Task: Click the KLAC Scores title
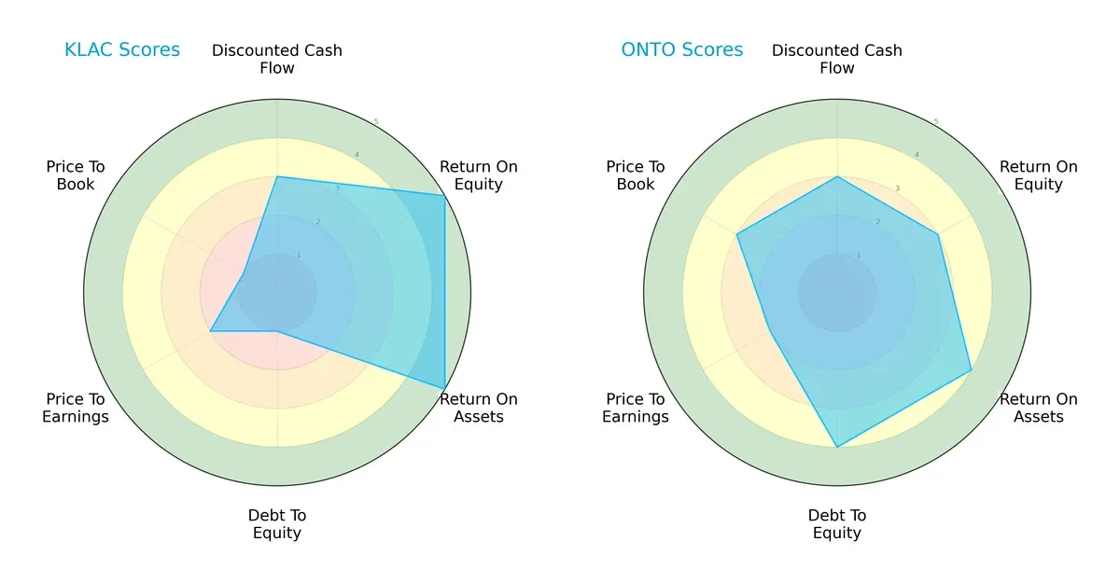click(x=122, y=50)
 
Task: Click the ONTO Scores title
click(x=682, y=50)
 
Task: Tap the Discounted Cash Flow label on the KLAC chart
click(x=277, y=59)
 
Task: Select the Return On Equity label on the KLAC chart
click(x=479, y=175)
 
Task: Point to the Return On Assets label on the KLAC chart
click(x=479, y=408)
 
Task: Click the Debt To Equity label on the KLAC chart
click(x=277, y=524)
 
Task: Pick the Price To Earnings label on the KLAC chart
click(x=76, y=408)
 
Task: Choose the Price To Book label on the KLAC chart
click(x=76, y=175)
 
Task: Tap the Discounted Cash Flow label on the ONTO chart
click(x=837, y=59)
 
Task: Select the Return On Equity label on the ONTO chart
click(x=1039, y=175)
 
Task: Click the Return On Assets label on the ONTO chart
click(x=1039, y=408)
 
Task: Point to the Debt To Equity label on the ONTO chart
click(x=837, y=524)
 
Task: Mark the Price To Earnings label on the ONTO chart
click(x=636, y=408)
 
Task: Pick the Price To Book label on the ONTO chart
click(x=636, y=175)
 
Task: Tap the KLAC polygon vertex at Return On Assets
click(x=444, y=388)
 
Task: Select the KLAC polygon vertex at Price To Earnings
click(x=211, y=331)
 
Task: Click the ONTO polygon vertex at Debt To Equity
click(x=837, y=447)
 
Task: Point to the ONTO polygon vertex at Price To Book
click(x=737, y=234)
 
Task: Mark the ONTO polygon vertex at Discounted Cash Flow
click(x=837, y=176)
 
